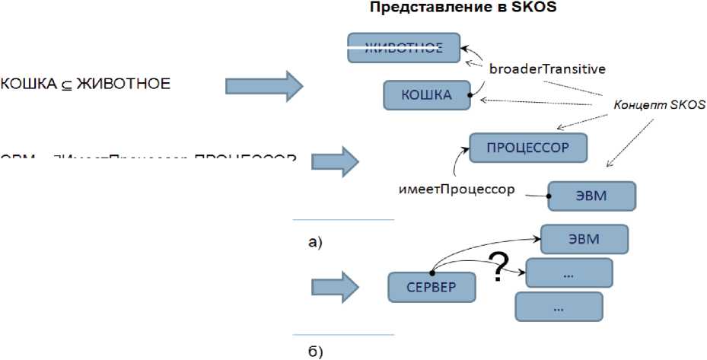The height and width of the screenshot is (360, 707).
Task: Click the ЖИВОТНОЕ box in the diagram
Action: coord(404,48)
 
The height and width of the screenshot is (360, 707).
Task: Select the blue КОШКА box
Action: coord(427,95)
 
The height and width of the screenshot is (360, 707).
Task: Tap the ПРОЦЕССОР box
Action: coord(528,148)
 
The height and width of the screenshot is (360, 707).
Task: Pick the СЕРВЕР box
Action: coord(432,288)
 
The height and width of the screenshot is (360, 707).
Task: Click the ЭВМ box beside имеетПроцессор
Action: coord(592,195)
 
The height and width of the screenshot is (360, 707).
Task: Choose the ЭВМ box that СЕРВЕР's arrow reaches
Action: coord(584,239)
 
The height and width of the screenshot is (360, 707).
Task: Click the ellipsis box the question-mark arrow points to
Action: coord(568,272)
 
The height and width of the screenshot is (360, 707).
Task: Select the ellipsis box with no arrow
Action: coord(559,307)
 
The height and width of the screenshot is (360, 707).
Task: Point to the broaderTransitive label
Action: coord(547,68)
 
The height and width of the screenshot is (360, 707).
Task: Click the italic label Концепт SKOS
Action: coord(660,106)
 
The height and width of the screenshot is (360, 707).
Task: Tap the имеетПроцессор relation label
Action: coord(457,189)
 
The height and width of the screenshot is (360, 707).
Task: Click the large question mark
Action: coord(498,267)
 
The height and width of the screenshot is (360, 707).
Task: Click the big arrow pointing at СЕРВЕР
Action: coord(335,288)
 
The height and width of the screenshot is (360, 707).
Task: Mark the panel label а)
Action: coord(315,243)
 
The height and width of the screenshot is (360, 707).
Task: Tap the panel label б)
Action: coord(315,351)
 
